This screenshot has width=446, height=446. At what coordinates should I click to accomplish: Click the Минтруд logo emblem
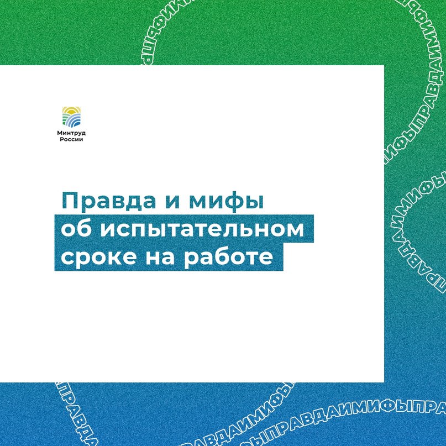pos(71,117)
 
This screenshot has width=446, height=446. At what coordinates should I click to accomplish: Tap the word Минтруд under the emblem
pos(71,133)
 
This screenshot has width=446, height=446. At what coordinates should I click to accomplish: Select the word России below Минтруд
pos(71,139)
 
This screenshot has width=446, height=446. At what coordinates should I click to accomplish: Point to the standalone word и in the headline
pos(172,202)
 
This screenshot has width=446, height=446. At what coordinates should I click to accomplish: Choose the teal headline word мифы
pos(227,202)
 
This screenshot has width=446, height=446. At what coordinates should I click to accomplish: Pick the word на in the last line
pos(160,257)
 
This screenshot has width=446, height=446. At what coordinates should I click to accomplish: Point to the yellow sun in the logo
pos(71,109)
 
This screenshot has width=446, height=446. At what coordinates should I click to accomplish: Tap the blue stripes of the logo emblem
pos(74,121)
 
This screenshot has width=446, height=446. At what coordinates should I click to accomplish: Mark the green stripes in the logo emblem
pos(66,118)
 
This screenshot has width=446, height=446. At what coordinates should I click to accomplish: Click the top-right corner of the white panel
pos(384,65)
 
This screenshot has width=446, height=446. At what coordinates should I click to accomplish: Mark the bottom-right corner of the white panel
pos(384,382)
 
